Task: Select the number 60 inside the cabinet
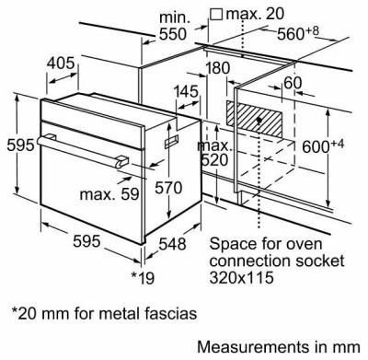pos(292,84)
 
